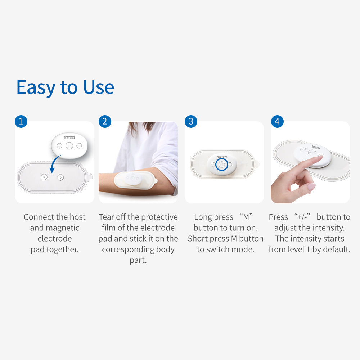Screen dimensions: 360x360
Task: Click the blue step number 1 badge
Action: pos(21,121)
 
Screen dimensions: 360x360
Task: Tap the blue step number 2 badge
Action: pos(105,121)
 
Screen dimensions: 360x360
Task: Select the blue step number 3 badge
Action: pos(191,121)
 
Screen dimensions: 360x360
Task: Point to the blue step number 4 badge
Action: pos(277,121)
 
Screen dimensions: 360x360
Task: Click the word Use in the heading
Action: pos(99,87)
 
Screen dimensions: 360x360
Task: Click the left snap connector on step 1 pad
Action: pos(44,177)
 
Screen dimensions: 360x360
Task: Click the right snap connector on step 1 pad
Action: pos(60,177)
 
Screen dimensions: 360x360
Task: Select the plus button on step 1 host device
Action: pos(59,146)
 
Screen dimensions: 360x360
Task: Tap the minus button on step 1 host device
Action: pos(79,146)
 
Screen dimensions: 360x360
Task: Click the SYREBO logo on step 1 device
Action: pos(69,138)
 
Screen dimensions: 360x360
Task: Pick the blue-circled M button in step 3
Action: pos(221,165)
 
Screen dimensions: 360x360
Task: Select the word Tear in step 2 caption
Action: pos(106,217)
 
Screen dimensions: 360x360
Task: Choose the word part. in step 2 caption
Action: pos(138,260)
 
